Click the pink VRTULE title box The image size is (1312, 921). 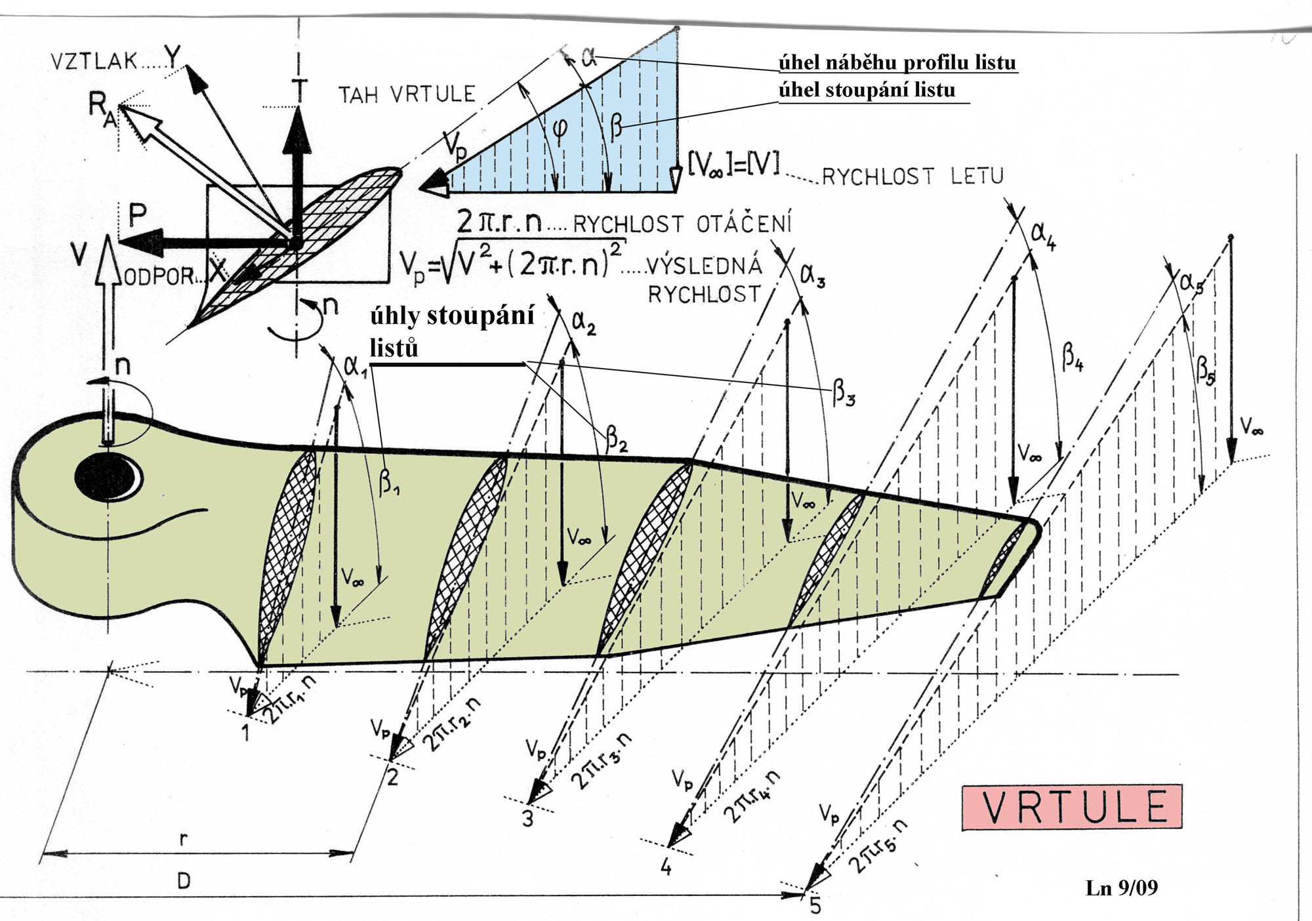coord(1072,807)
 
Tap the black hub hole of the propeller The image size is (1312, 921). coord(108,477)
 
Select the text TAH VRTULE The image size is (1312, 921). coord(407,94)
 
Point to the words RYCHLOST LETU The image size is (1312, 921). coord(912,176)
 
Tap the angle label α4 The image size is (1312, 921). coord(1043,235)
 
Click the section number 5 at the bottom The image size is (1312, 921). coord(815,905)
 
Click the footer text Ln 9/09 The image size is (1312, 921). coord(1122,888)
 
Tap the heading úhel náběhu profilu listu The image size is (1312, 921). coord(897,63)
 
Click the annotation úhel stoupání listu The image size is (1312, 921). coord(867,90)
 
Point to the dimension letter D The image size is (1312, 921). coord(184,880)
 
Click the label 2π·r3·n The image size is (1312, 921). coord(602,761)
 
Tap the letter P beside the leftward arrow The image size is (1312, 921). coord(138,215)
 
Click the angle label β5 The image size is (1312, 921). coord(1206,369)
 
